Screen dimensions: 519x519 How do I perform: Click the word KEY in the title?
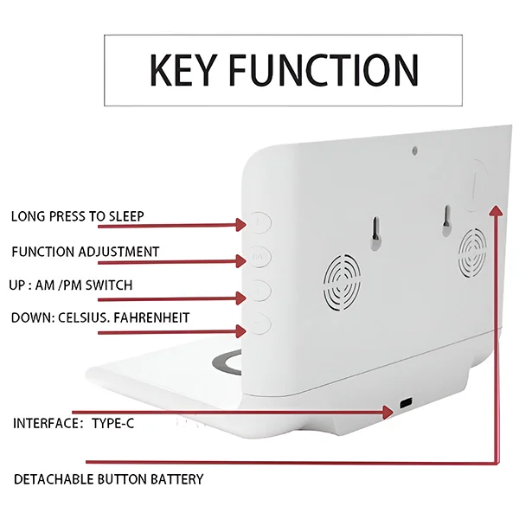pyautogui.click(x=183, y=70)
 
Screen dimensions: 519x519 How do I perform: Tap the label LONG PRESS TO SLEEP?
pyautogui.click(x=78, y=216)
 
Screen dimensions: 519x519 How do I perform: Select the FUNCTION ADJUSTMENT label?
pyautogui.click(x=86, y=252)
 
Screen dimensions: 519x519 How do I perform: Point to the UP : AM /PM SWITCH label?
pyautogui.click(x=71, y=285)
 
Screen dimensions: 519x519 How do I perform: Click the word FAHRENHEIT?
pyautogui.click(x=151, y=317)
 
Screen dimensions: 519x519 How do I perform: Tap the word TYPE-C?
pyautogui.click(x=112, y=423)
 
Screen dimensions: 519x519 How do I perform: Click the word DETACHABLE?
pyautogui.click(x=54, y=479)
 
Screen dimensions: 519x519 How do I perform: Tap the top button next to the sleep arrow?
pyautogui.click(x=260, y=222)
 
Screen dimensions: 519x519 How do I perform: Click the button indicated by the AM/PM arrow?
pyautogui.click(x=260, y=290)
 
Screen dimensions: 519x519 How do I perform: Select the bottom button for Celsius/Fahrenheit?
pyautogui.click(x=260, y=323)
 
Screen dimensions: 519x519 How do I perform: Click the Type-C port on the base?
pyautogui.click(x=406, y=403)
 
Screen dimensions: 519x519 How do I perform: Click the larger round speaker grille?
pyautogui.click(x=342, y=283)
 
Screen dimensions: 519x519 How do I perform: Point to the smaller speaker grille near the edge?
pyautogui.click(x=472, y=253)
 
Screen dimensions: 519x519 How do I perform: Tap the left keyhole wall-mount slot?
pyautogui.click(x=375, y=233)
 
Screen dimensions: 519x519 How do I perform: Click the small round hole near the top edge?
pyautogui.click(x=414, y=151)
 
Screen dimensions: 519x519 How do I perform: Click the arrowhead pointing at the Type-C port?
pyautogui.click(x=388, y=412)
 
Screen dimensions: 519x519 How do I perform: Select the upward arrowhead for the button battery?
pyautogui.click(x=496, y=210)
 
